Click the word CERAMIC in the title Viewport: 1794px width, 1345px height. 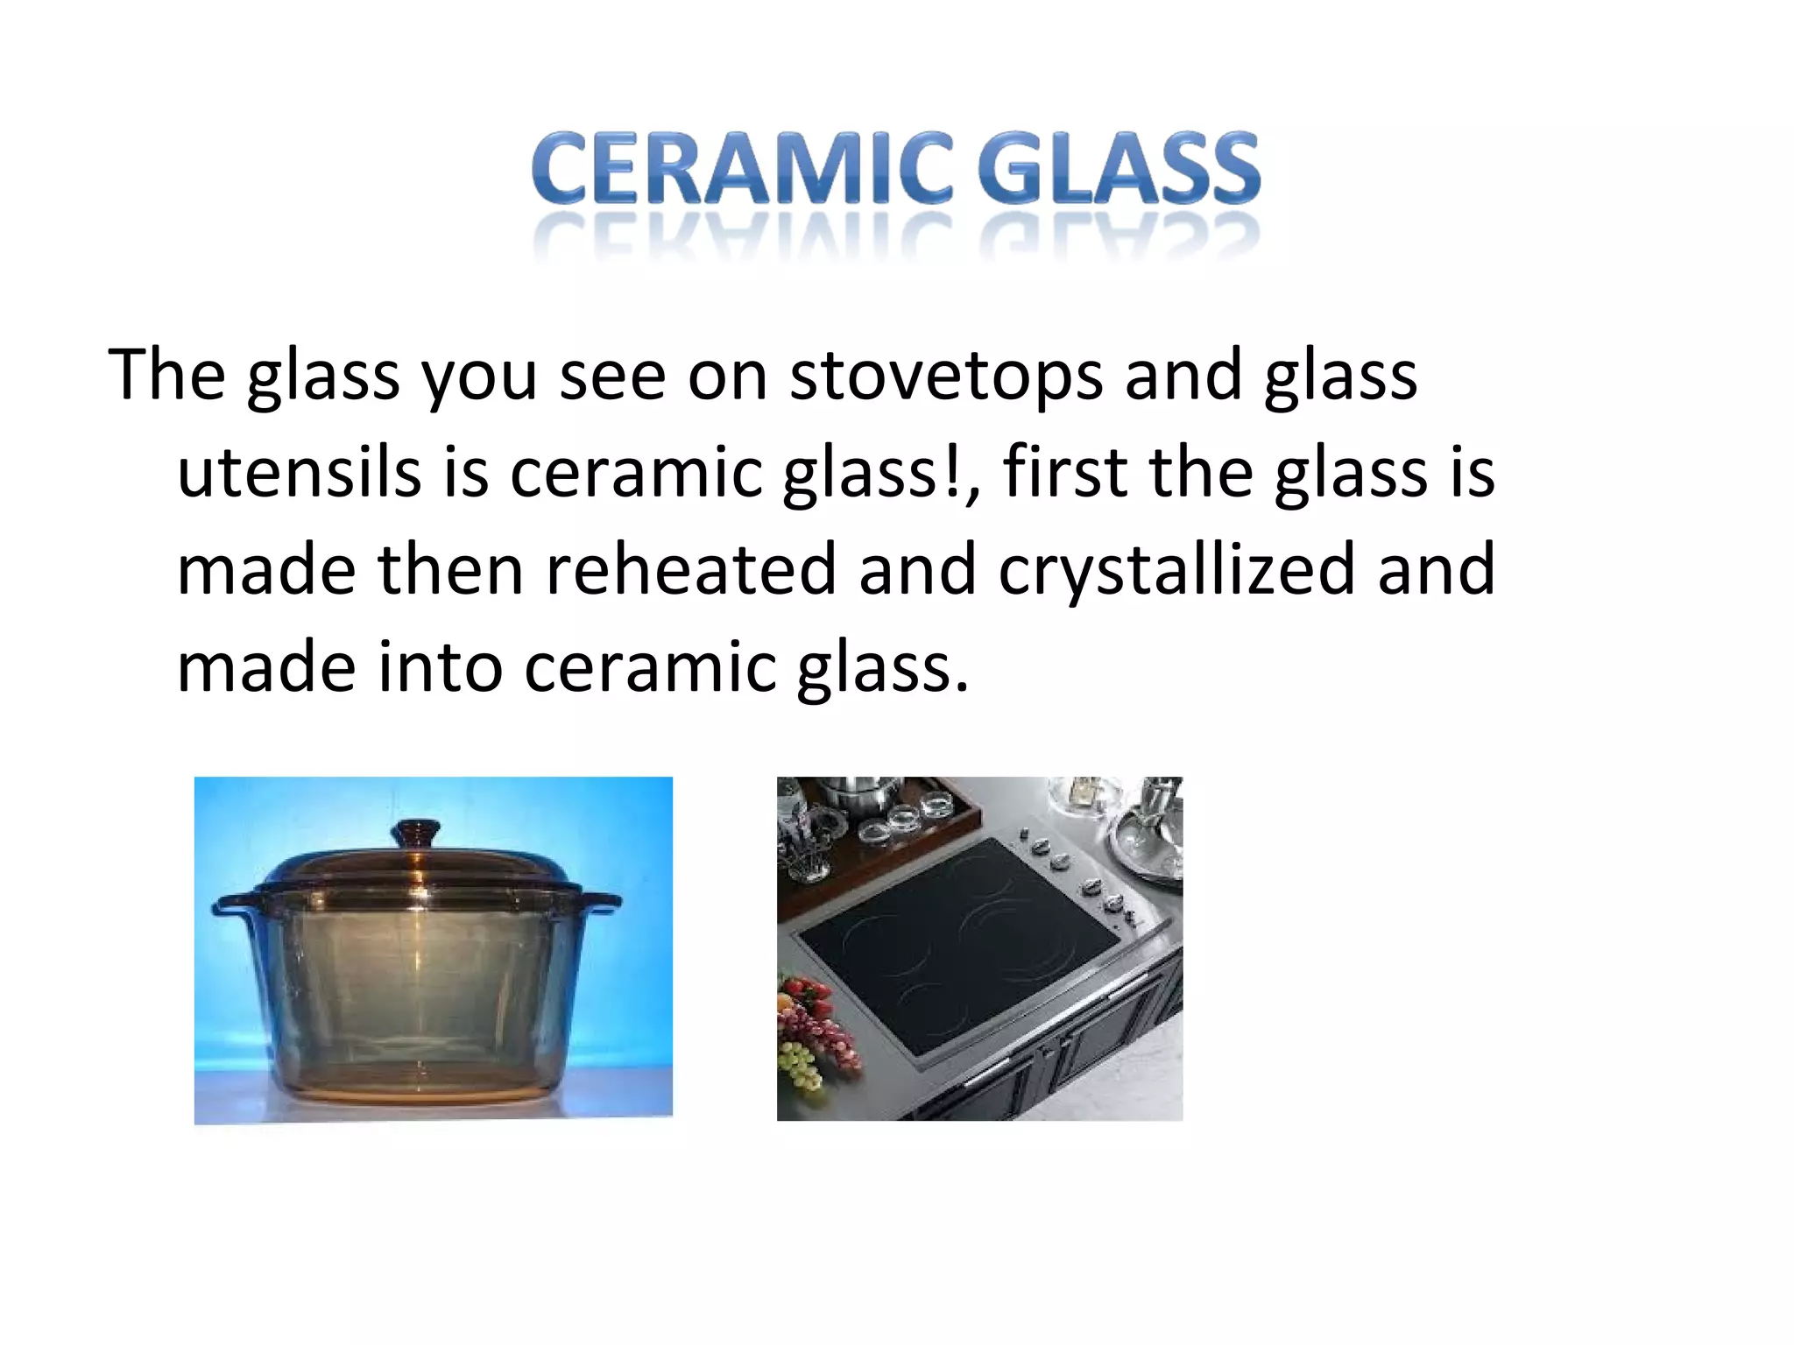tap(741, 168)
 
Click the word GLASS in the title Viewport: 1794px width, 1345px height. tap(1119, 168)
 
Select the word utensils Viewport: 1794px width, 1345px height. tap(299, 474)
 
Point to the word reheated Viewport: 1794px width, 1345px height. tap(690, 571)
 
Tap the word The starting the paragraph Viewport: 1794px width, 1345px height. tap(166, 375)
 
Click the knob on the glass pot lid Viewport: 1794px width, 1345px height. tap(415, 832)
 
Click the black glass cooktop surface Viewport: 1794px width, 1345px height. tap(955, 946)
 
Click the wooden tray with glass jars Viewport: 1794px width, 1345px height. tap(885, 832)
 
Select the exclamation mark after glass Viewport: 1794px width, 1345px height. tap(952, 472)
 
